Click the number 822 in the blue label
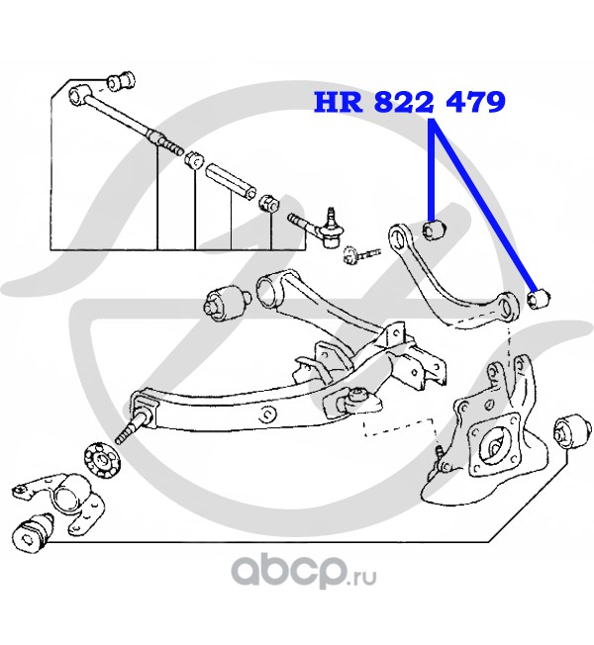pos(399,101)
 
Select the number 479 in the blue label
pos(471,101)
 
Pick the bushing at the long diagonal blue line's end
pos(540,297)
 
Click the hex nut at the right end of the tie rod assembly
pos(267,205)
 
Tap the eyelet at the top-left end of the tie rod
pos(82,95)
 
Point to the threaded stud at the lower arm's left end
pos(127,430)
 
